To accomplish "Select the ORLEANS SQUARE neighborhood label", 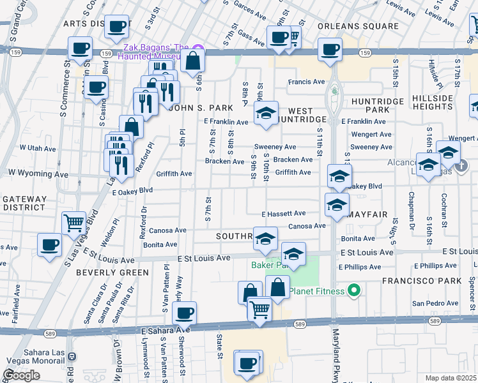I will click(358, 26).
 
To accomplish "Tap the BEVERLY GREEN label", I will click(112, 272).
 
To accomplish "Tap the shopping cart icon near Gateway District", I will click(74, 222).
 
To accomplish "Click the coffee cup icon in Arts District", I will click(116, 26).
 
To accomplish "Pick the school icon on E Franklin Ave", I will click(266, 113).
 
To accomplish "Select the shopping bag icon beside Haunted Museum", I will click(192, 61).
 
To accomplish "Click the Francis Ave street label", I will click(306, 82).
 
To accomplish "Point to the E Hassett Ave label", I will click(284, 213).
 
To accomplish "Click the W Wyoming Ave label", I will click(38, 174).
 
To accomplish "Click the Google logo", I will click(22, 375).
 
